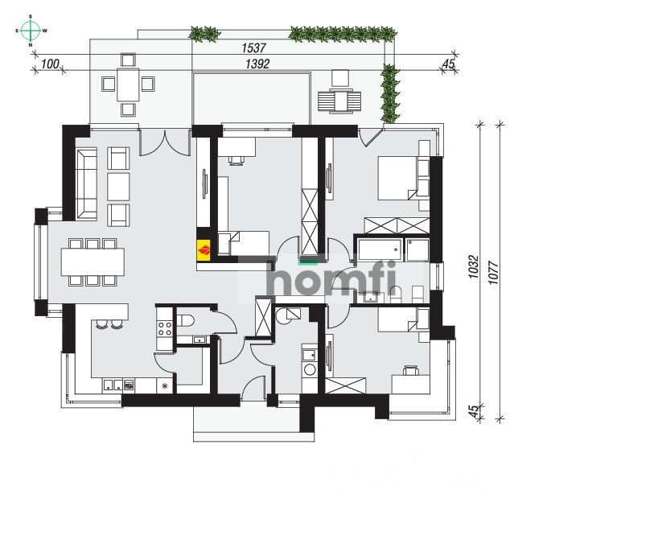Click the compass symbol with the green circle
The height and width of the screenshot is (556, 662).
(x=31, y=31)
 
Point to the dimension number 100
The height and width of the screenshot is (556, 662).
(x=50, y=64)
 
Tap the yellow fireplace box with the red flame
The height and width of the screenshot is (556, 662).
(x=205, y=247)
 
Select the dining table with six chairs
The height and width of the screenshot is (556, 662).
(x=93, y=262)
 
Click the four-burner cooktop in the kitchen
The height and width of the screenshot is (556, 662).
(x=165, y=327)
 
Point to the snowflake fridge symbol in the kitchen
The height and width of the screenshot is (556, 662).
(x=166, y=386)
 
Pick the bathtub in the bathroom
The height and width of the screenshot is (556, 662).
(x=380, y=250)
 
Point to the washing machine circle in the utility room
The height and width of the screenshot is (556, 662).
(x=307, y=369)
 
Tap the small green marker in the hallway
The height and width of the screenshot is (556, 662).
(x=307, y=262)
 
